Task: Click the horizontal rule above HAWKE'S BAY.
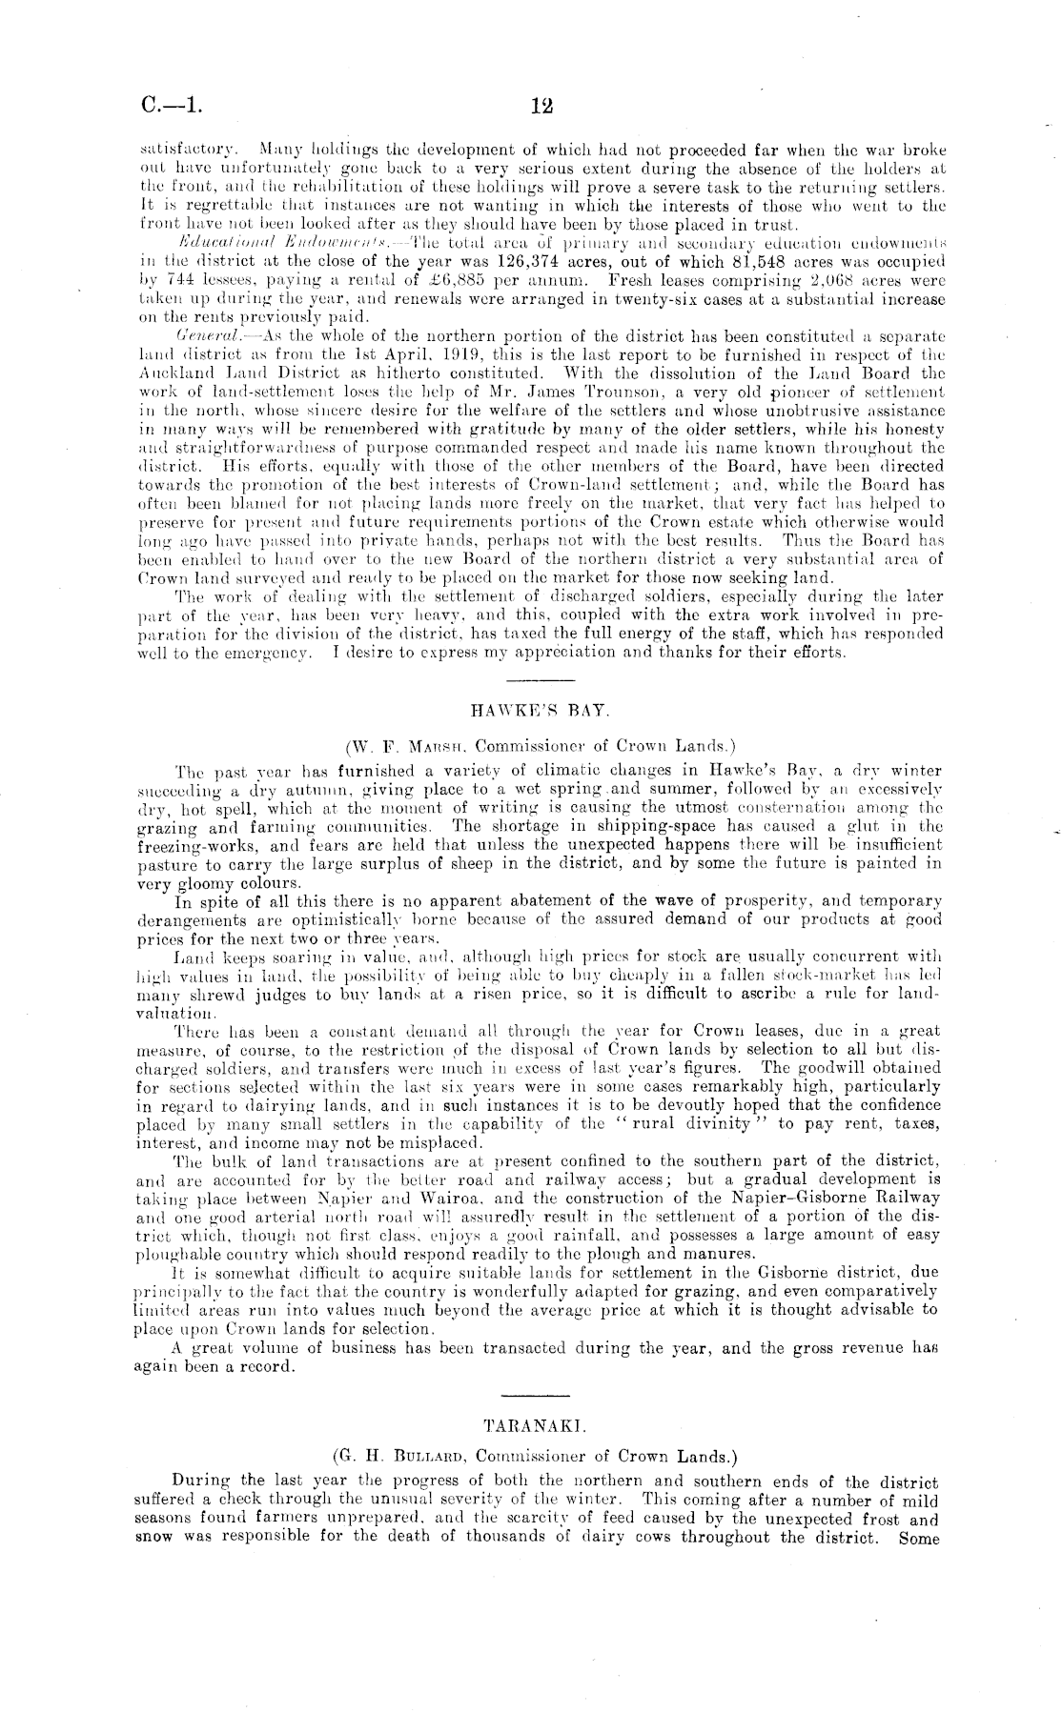(x=541, y=680)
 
